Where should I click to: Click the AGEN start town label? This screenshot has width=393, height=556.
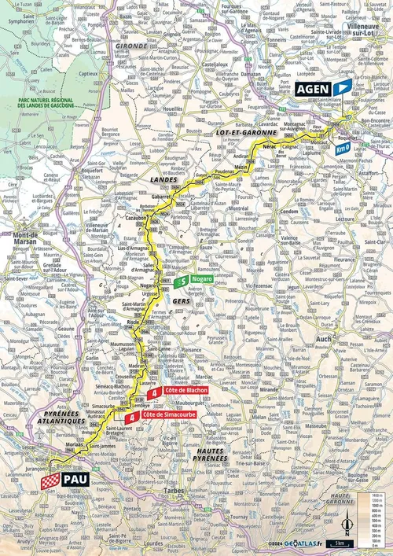pos(314,90)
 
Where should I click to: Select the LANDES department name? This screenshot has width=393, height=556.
pos(162,179)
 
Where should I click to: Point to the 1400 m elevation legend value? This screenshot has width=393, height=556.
pos(377,495)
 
